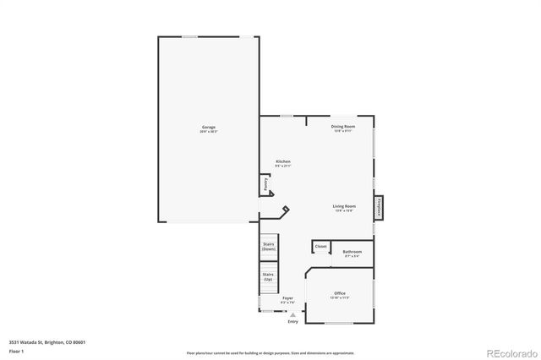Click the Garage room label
point(208,127)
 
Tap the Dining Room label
point(342,127)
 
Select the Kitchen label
point(283,161)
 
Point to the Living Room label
point(343,206)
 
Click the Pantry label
point(265,183)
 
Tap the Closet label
point(321,247)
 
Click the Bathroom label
point(352,252)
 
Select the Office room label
point(340,293)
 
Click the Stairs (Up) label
point(268,276)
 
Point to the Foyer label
point(287,297)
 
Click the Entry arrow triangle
point(292,314)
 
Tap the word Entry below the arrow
point(292,322)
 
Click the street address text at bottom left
point(47,342)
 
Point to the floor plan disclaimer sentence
point(270,352)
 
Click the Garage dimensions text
point(208,132)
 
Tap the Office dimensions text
point(340,298)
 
